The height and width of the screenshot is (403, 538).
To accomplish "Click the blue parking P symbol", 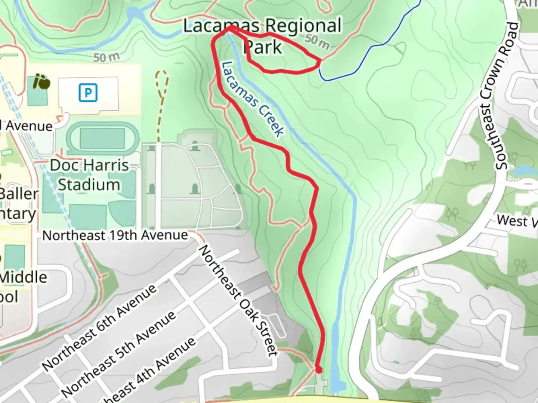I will [88, 93].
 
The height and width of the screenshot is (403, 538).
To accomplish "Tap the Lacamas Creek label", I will [253, 99].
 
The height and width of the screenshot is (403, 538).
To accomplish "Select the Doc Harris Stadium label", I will [89, 175].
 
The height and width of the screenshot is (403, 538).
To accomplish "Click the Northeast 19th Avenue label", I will [115, 235].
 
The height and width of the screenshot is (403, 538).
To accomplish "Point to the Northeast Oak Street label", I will [239, 300].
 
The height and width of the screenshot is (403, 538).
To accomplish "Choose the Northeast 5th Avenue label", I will [119, 353].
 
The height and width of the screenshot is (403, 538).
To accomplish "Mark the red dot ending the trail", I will [319, 370].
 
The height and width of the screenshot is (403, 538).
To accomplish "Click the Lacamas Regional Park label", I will [263, 36].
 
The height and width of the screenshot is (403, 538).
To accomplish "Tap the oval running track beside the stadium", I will [102, 138].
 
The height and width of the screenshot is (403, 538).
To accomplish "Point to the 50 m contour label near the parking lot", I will [106, 57].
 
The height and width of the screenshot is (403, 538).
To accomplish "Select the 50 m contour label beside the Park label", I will [317, 42].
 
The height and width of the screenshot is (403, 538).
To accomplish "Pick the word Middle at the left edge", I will [24, 277].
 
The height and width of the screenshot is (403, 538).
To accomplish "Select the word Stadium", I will [89, 185].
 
